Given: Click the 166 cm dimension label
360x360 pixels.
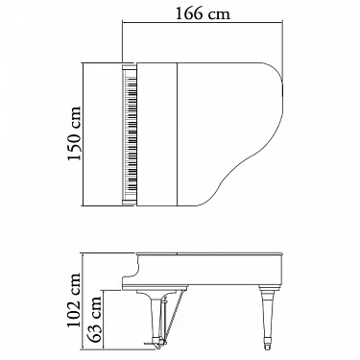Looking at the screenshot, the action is click(203, 13).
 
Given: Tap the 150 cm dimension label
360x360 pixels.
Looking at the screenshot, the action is click(75, 133).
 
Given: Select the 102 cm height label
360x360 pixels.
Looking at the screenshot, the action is click(74, 300).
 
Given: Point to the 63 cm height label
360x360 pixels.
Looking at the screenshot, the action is click(95, 320).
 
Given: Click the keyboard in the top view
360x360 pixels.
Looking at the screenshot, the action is click(131, 133).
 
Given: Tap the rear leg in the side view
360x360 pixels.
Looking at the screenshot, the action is click(267, 317).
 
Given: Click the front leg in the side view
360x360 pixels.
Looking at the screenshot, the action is click(156, 319).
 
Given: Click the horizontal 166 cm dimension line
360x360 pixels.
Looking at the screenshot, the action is click(203, 22).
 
